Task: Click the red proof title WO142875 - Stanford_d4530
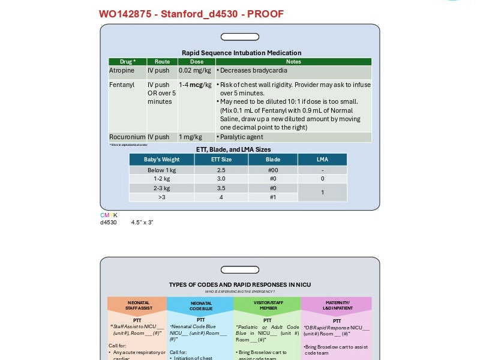[191, 14]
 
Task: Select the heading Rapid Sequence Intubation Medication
[241, 53]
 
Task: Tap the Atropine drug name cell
[122, 71]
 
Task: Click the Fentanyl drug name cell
[122, 85]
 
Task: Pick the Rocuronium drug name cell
[127, 137]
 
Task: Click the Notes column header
[293, 62]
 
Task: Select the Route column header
[162, 62]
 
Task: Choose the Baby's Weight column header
[162, 160]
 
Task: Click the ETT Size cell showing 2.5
[221, 170]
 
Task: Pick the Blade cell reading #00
[272, 170]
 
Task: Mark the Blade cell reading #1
[272, 197]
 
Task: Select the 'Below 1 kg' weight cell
[162, 170]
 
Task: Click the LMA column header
[322, 160]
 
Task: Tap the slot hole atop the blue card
[239, 37]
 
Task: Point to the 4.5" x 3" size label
[142, 223]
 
